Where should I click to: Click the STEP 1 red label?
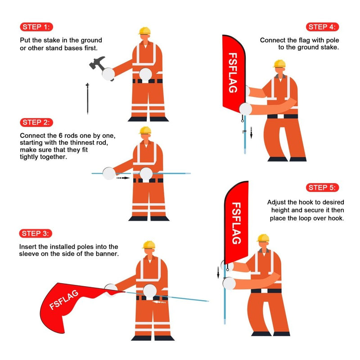[x=36, y=27]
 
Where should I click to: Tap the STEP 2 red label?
[x=36, y=122]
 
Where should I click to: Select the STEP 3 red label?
[x=36, y=233]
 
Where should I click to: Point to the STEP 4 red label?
[x=323, y=27]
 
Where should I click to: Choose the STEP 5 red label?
[x=323, y=188]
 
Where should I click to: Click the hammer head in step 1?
[x=97, y=63]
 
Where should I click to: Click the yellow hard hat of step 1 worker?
[x=144, y=31]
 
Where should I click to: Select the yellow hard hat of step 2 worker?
[x=145, y=130]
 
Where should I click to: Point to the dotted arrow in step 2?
[x=122, y=178]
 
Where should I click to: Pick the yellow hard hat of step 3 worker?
[x=148, y=244]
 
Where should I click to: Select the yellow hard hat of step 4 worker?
[x=279, y=63]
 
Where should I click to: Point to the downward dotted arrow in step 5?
[x=219, y=272]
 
